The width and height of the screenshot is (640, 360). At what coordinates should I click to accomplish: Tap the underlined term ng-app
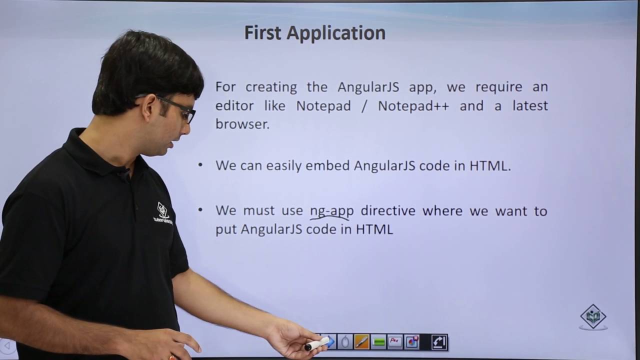331,211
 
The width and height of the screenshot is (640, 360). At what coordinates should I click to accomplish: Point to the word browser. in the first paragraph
242,124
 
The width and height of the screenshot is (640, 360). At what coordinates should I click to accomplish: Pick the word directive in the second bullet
388,211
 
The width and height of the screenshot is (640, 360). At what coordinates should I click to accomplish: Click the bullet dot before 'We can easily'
200,164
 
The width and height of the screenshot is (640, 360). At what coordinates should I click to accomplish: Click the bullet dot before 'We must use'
200,209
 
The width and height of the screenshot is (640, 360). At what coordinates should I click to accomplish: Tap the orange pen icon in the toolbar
361,342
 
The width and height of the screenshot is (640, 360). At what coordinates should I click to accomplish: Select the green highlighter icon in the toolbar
378,342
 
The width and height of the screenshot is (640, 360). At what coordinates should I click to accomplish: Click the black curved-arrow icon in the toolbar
438,342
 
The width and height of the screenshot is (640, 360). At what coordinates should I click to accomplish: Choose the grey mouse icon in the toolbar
344,342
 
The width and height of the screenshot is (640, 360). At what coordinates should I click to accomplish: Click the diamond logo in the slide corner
593,316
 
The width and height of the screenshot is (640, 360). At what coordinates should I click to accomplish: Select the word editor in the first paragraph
234,106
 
